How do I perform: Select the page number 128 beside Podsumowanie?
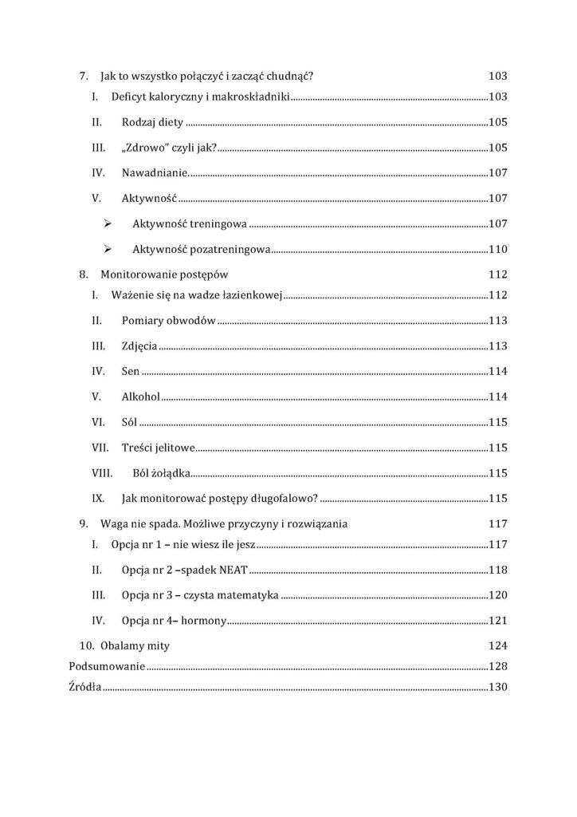[497, 667]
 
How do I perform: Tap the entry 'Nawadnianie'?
[155, 173]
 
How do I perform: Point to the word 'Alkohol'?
[141, 397]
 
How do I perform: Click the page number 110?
[497, 250]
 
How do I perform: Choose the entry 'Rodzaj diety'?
[152, 123]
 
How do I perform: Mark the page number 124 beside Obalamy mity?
[497, 645]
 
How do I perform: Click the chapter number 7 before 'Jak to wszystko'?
[83, 77]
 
